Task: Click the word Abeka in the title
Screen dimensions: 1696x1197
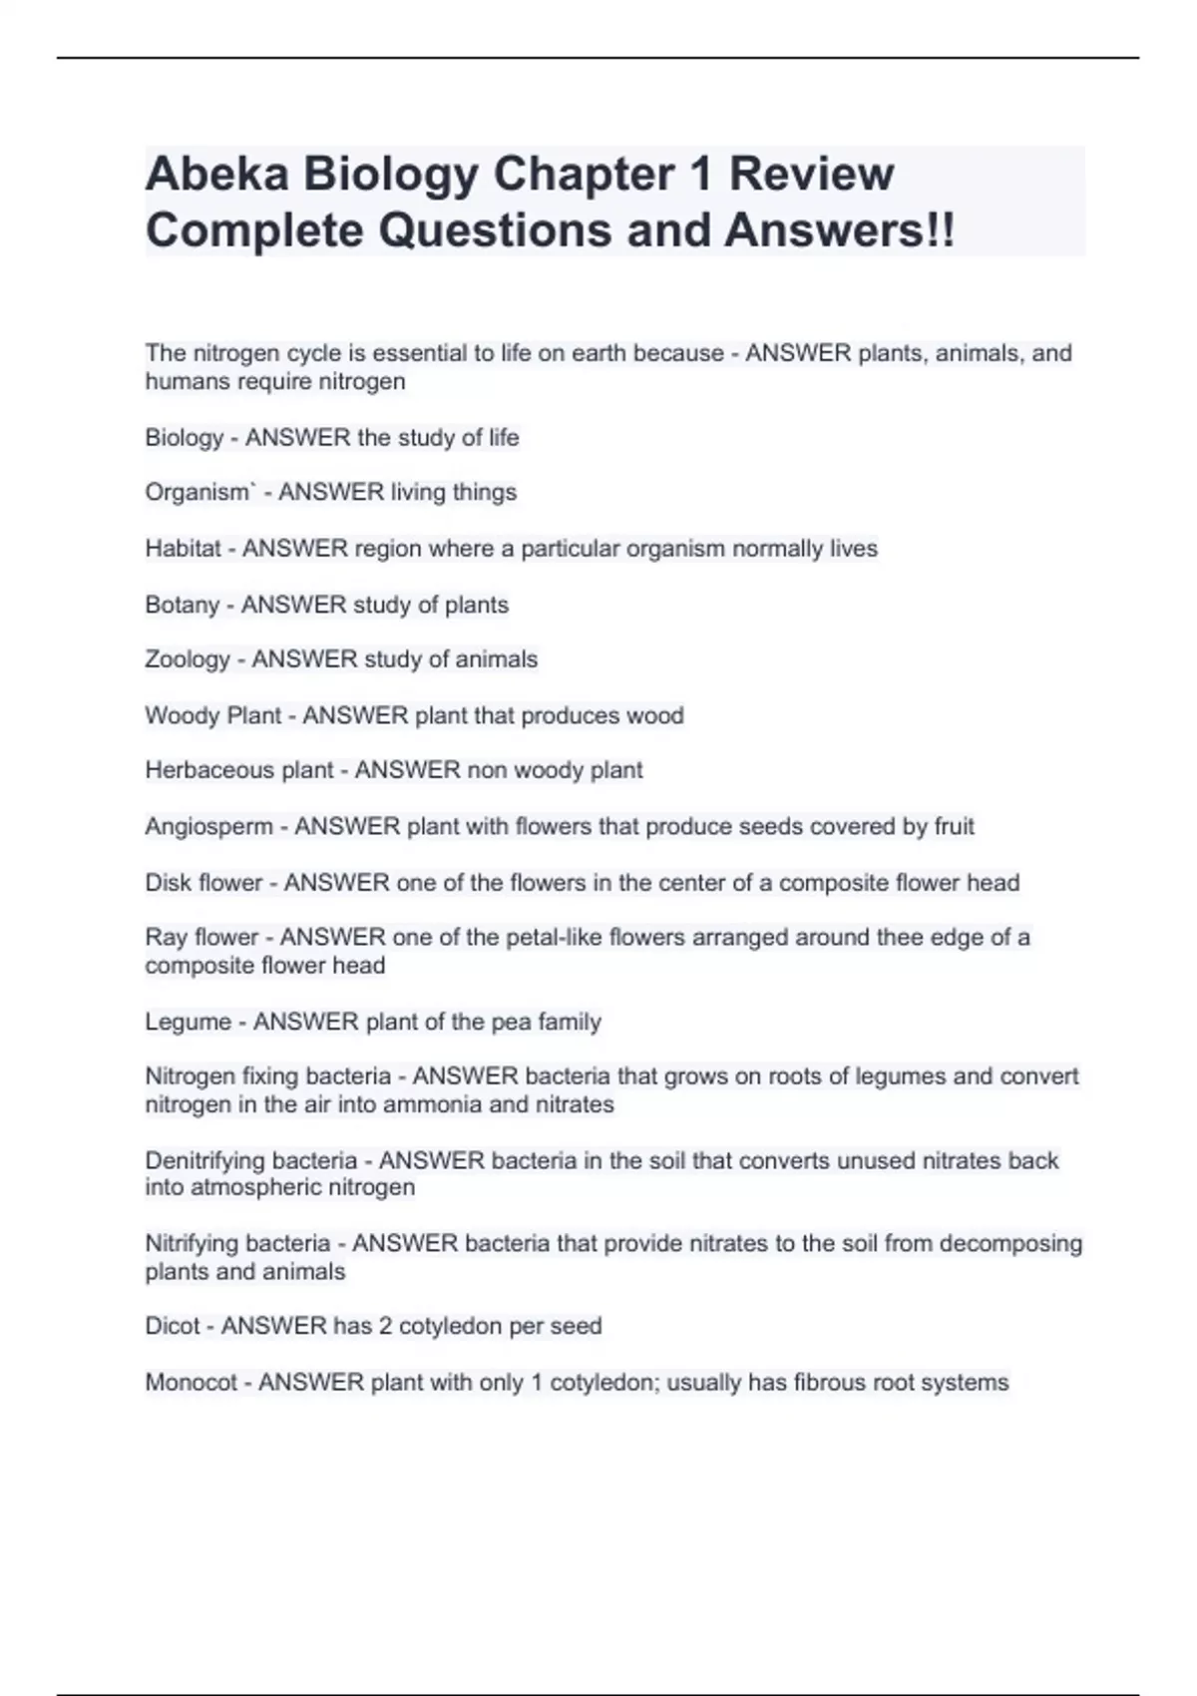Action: [216, 174]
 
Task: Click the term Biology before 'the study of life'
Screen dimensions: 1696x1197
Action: [185, 438]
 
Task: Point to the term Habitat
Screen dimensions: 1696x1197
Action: [183, 549]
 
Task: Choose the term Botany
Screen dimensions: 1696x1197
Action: [182, 605]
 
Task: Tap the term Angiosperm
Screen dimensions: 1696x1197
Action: [208, 827]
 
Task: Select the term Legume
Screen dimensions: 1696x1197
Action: [188, 1022]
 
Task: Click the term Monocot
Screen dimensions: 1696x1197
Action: [191, 1383]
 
